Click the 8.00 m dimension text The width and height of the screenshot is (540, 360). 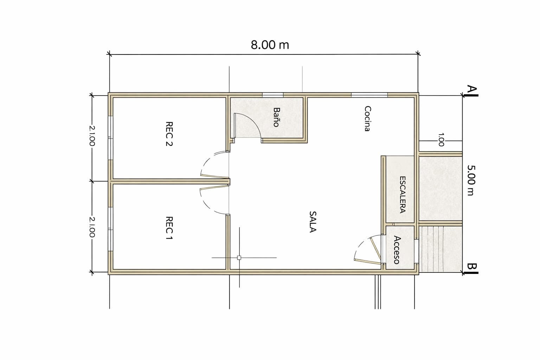[x=270, y=45]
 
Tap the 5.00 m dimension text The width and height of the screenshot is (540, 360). [x=471, y=180]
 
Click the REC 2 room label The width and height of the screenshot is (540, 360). [x=169, y=134]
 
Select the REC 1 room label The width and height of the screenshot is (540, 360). [x=169, y=229]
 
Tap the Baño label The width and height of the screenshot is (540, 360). [x=276, y=117]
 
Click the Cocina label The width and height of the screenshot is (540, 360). [x=367, y=118]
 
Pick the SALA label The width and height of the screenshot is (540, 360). [x=313, y=222]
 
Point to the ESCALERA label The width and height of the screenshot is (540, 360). [x=402, y=194]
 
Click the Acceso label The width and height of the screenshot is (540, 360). [x=397, y=250]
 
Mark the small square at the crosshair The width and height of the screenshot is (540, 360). [x=239, y=258]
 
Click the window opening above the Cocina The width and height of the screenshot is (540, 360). [x=369, y=95]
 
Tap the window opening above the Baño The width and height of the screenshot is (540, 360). [x=273, y=95]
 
